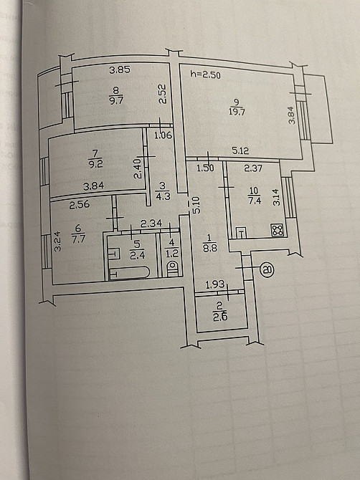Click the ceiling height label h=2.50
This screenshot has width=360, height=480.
[205, 75]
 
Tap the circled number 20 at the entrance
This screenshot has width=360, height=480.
[267, 269]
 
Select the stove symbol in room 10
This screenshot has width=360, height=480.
[278, 230]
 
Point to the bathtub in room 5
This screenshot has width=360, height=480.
[129, 273]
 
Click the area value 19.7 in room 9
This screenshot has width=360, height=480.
[237, 112]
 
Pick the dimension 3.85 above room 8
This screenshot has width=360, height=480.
[120, 70]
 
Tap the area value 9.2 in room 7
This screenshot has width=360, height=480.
[95, 164]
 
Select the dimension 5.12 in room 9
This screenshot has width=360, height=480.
[240, 150]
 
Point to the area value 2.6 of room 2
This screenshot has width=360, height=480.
[221, 317]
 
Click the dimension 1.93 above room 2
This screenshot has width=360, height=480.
[215, 285]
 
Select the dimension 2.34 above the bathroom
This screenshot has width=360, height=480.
[151, 224]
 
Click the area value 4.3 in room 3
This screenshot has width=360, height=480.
[163, 196]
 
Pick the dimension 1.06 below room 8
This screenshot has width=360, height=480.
[163, 135]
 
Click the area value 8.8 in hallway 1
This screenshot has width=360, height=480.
[210, 248]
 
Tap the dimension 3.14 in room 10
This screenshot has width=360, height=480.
[276, 197]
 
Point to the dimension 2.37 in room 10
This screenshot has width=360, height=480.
[253, 168]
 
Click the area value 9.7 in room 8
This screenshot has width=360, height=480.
[115, 100]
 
